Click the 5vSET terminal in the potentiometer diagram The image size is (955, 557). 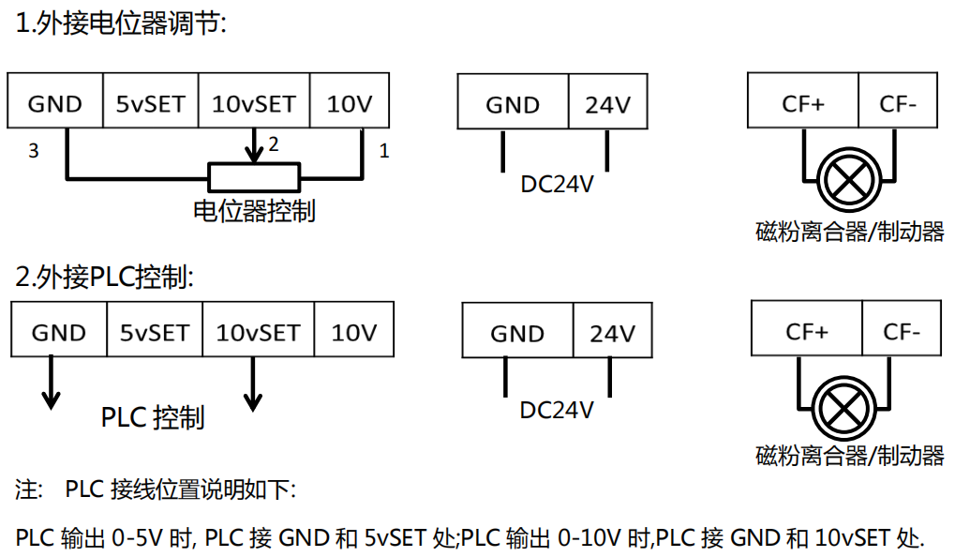click(x=150, y=103)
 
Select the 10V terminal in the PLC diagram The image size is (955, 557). click(x=354, y=332)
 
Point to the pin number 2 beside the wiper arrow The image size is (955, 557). click(x=274, y=144)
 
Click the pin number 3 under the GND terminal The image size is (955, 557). click(x=34, y=150)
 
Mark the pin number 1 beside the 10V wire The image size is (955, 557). click(x=383, y=150)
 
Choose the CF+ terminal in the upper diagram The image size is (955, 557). click(x=803, y=103)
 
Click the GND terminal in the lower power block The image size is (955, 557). click(x=517, y=334)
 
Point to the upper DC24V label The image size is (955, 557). click(x=557, y=185)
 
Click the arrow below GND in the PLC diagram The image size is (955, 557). click(x=52, y=398)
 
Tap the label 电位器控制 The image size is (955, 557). click(x=254, y=211)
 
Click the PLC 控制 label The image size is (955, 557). click(x=153, y=416)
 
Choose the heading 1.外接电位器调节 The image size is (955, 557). click(x=122, y=24)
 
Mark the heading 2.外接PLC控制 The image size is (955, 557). click(x=105, y=277)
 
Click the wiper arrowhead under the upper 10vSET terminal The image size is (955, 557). click(x=253, y=154)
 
